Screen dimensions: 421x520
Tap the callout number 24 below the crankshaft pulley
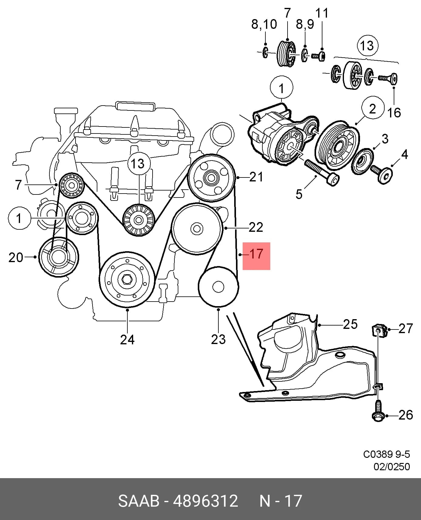pyautogui.click(x=127, y=339)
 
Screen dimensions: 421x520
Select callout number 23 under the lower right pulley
pyautogui.click(x=218, y=339)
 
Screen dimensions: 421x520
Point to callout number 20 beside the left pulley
pyautogui.click(x=16, y=257)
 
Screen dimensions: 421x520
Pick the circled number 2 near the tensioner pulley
pyautogui.click(x=372, y=109)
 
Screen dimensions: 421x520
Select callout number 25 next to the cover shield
pyautogui.click(x=350, y=324)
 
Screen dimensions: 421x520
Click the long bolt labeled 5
pyautogui.click(x=322, y=172)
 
